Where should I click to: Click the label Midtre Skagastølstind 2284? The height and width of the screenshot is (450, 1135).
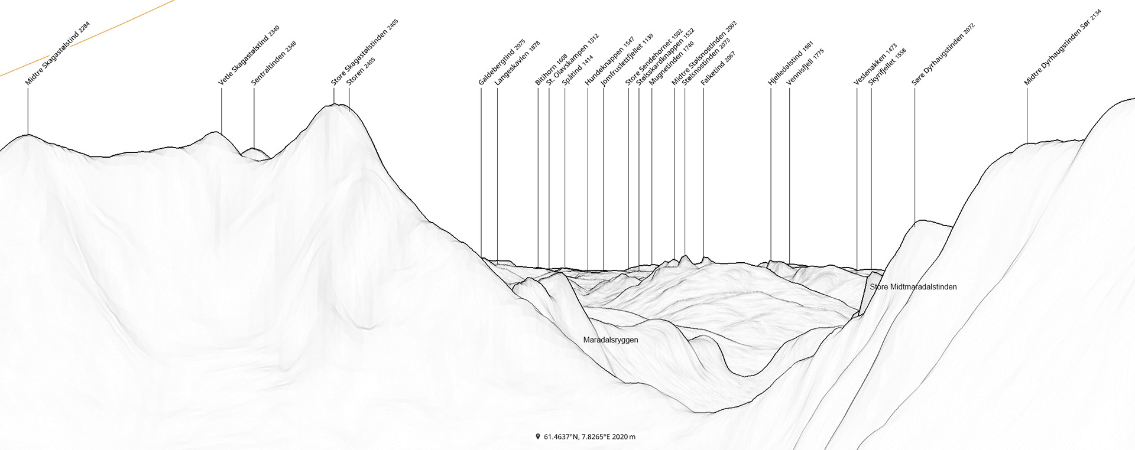57,54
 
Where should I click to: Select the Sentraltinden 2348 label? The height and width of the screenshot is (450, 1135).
273,63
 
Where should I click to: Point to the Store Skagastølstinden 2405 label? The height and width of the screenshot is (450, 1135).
364,53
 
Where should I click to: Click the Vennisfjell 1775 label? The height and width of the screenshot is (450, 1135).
805,67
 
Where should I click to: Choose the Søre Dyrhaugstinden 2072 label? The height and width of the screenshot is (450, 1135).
942,55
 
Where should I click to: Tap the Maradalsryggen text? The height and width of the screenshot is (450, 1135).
611,340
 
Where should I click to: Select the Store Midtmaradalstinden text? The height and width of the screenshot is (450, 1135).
913,287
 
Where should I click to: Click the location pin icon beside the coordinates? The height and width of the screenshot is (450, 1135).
538,437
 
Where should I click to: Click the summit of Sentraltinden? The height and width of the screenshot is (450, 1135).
254,149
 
